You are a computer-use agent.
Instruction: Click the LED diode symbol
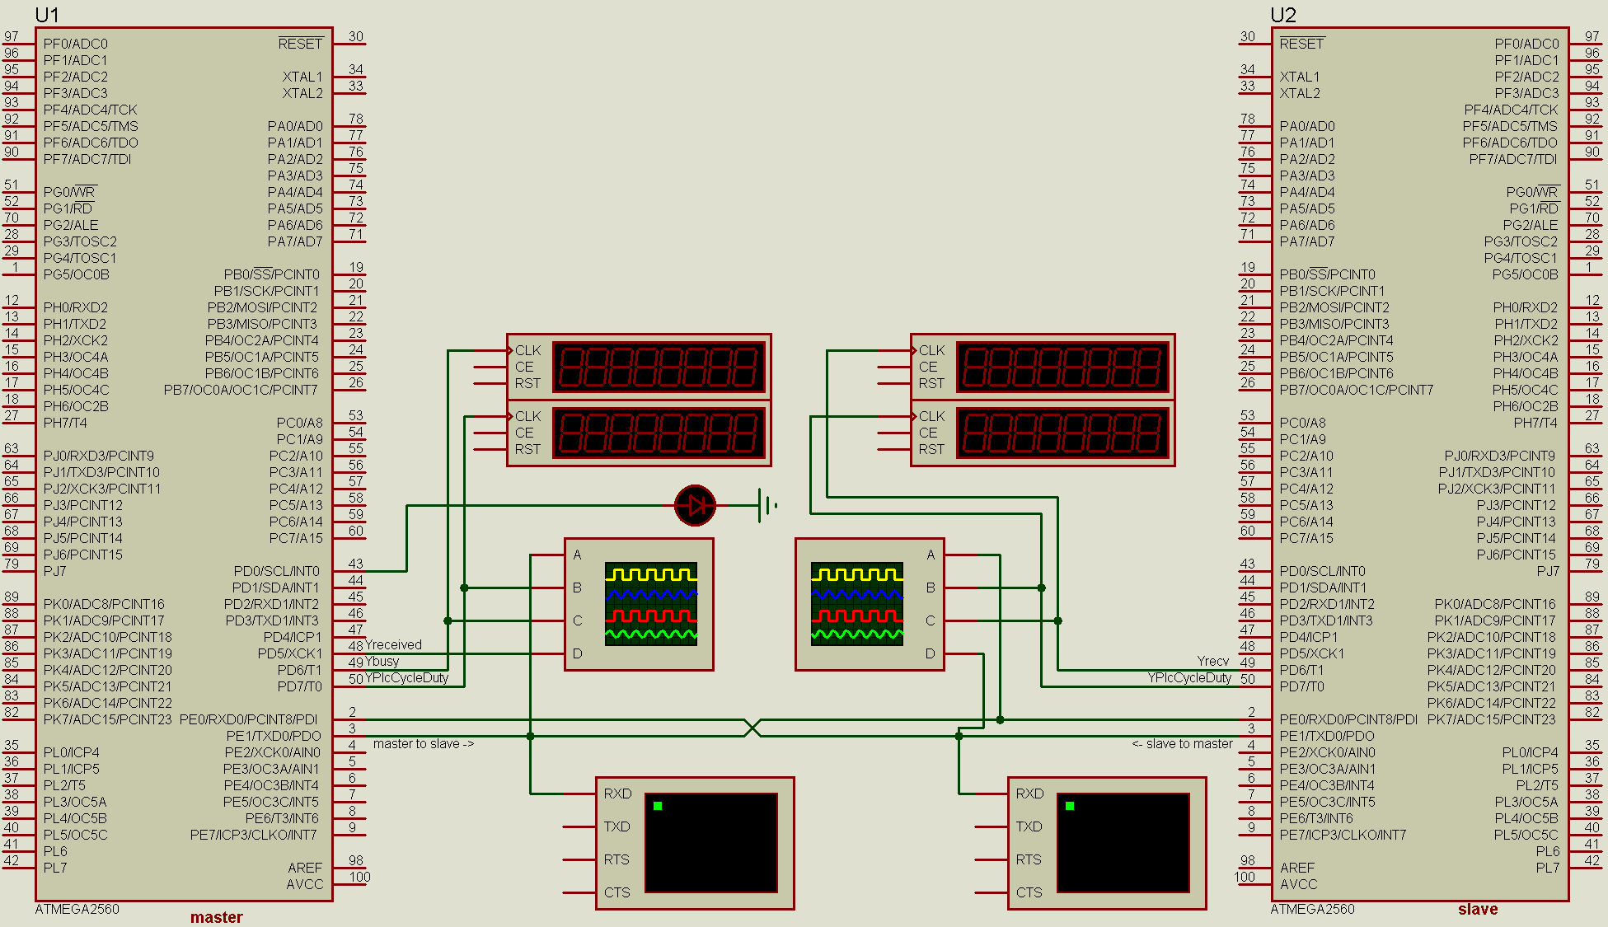(x=695, y=505)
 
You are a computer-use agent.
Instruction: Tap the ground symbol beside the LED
(x=766, y=505)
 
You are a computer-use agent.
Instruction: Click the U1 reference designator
(x=47, y=15)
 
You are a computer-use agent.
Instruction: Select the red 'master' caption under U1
(x=216, y=917)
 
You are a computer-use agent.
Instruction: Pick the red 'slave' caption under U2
(x=1478, y=909)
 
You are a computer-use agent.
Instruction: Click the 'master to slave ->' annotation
(x=424, y=744)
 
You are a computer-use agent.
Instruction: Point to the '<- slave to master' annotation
(x=1182, y=744)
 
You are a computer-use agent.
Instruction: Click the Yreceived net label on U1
(x=393, y=645)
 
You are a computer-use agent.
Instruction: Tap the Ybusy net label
(x=382, y=661)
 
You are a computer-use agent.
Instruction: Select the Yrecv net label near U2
(x=1212, y=661)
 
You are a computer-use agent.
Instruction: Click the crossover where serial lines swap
(x=752, y=728)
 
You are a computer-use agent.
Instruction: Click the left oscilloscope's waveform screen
(x=651, y=604)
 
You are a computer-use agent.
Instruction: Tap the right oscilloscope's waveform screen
(x=857, y=604)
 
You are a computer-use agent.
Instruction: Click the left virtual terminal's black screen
(x=710, y=842)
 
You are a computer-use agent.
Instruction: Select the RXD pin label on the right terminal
(x=1029, y=794)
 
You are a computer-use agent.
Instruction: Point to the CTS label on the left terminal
(x=616, y=892)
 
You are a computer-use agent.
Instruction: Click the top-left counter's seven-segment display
(x=659, y=367)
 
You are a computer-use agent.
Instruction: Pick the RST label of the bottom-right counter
(x=931, y=449)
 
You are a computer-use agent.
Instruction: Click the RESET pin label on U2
(x=1301, y=44)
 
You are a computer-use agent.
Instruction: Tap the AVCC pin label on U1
(x=304, y=884)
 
